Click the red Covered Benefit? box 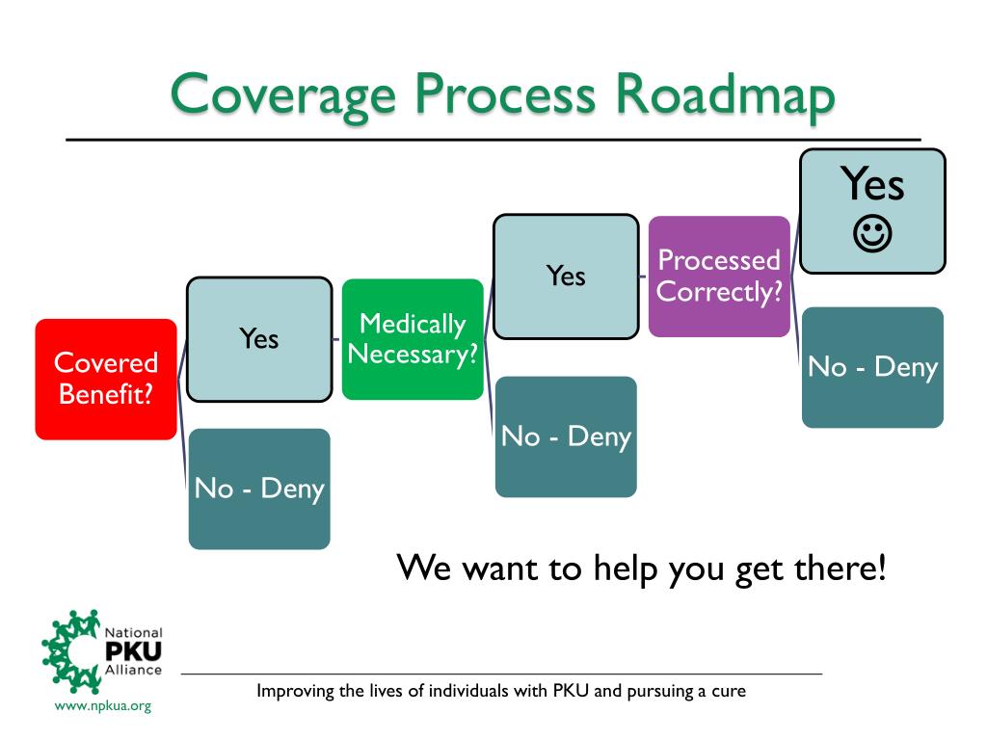pyautogui.click(x=106, y=379)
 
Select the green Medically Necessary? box pyautogui.click(x=413, y=338)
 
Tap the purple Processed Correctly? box pyautogui.click(x=719, y=276)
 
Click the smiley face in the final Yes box pyautogui.click(x=873, y=232)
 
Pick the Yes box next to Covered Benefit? pyautogui.click(x=258, y=338)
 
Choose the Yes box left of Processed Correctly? pyautogui.click(x=566, y=276)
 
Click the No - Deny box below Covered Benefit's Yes pyautogui.click(x=259, y=489)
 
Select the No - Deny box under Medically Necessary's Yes pyautogui.click(x=566, y=436)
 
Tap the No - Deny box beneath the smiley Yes pyautogui.click(x=872, y=367)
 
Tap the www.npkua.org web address pyautogui.click(x=103, y=706)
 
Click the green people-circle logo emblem pyautogui.click(x=70, y=651)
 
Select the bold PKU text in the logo pyautogui.click(x=133, y=652)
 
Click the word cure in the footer pyautogui.click(x=730, y=691)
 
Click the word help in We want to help pyautogui.click(x=627, y=568)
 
